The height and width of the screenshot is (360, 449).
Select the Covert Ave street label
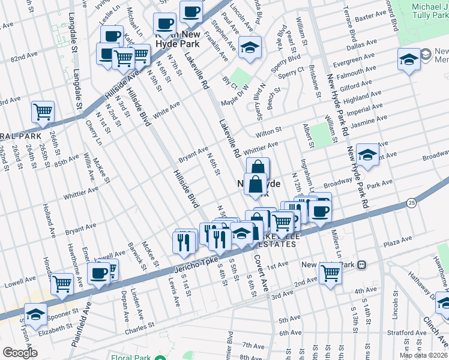(260, 268)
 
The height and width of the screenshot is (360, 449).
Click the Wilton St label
(268, 131)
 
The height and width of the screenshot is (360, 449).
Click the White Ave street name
(166, 109)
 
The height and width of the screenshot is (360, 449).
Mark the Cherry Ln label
(94, 133)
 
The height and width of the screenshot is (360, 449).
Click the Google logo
(20, 352)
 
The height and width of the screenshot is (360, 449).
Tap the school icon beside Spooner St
(35, 313)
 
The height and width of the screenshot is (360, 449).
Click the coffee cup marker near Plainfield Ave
(99, 273)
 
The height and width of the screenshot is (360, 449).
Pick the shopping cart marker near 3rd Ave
(330, 272)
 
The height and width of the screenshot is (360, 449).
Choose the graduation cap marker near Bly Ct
(250, 47)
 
